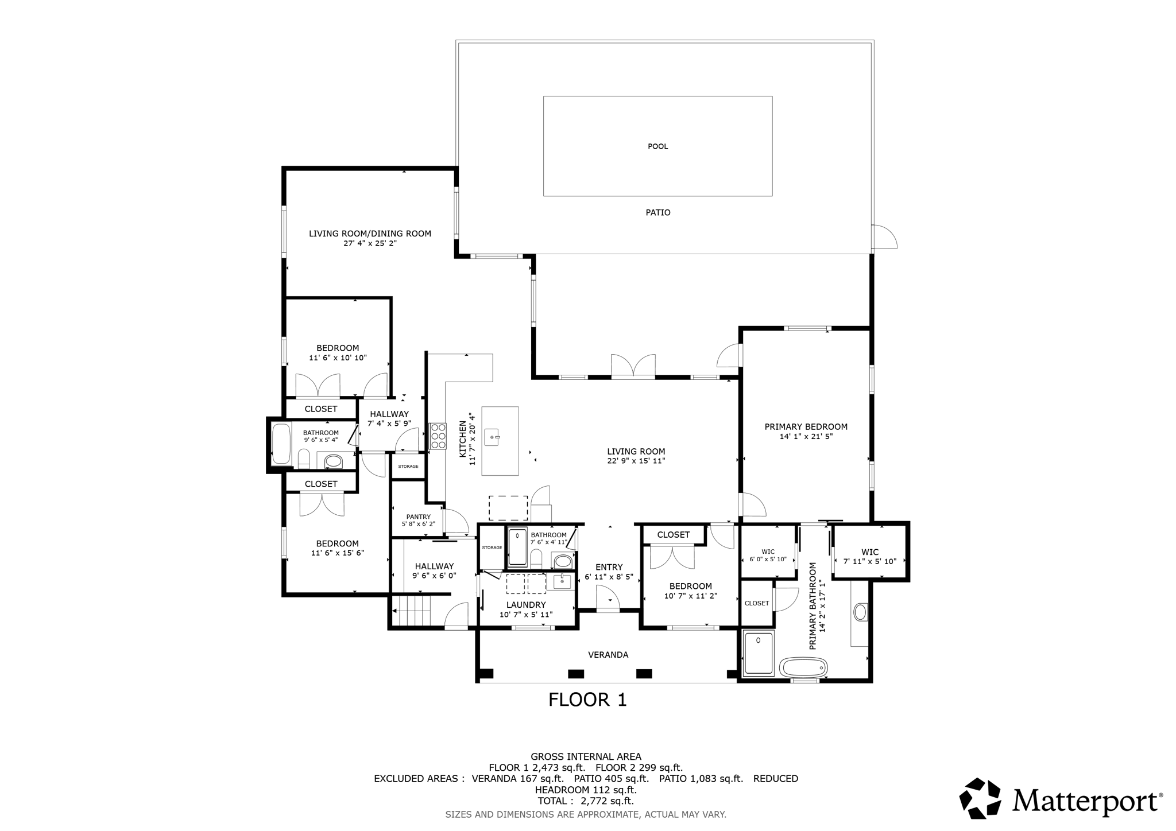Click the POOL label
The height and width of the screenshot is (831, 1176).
pos(657,146)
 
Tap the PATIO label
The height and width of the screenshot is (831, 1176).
pos(657,212)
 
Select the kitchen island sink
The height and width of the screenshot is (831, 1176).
pos(493,437)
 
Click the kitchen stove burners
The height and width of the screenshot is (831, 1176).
pos(438,436)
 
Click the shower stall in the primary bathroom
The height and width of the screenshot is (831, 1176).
pos(759,653)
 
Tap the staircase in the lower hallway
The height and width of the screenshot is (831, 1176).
pos(411,611)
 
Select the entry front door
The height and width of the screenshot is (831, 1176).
pos(608,600)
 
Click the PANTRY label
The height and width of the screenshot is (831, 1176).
pos(418,517)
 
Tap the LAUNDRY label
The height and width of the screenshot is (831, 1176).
pos(526,605)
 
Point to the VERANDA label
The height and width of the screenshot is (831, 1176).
pos(608,655)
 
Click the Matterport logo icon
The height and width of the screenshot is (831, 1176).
pos(980,798)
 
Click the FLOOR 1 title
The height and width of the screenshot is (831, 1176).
pos(587,700)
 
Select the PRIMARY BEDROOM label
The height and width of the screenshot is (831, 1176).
pos(806,427)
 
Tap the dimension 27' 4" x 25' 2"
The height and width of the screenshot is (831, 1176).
pos(370,243)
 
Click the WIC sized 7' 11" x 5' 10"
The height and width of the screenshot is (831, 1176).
pos(869,557)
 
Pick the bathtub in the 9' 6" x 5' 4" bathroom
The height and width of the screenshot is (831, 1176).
pos(281,444)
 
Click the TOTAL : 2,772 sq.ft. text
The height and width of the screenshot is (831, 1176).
pos(585,801)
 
